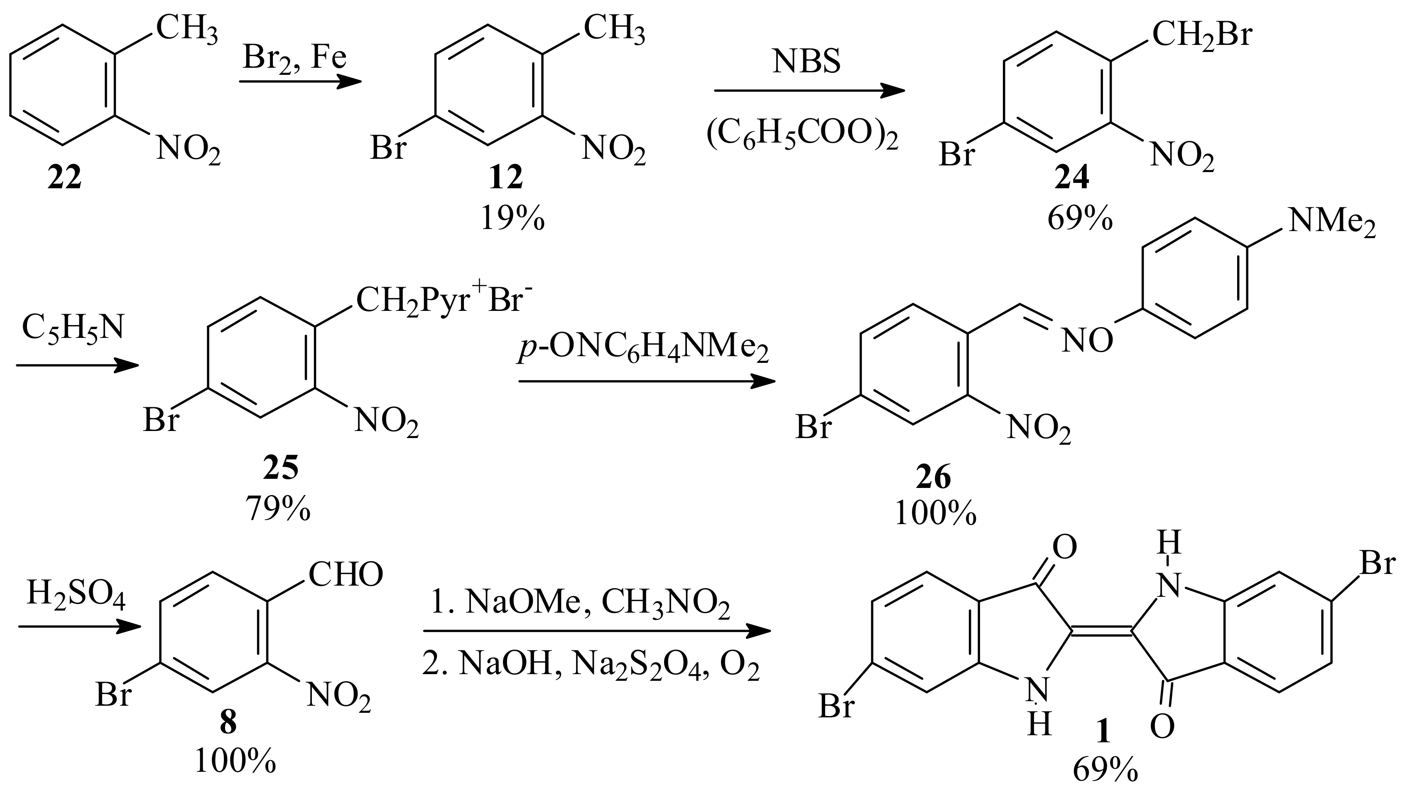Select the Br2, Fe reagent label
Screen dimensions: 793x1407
(x=295, y=57)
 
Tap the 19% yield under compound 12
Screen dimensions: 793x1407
(x=512, y=219)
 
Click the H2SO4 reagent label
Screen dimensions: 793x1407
(x=76, y=596)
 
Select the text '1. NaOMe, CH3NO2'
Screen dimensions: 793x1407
(x=581, y=604)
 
